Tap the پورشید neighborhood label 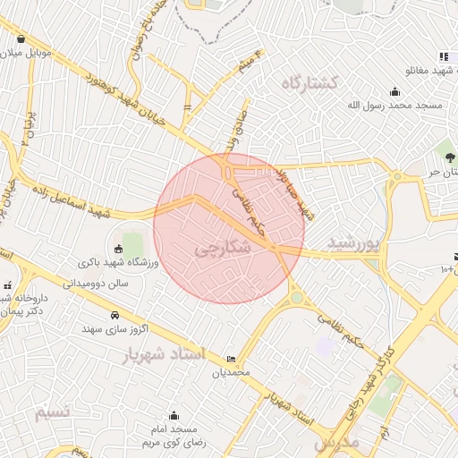(354, 242)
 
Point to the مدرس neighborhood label (336, 442)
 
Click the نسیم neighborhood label (51, 412)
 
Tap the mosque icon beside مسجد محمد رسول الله (394, 91)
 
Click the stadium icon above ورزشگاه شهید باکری (118, 249)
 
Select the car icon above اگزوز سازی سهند (115, 316)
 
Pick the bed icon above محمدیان (233, 358)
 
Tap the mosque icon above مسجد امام (174, 416)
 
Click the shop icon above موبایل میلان (21, 38)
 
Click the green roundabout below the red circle (296, 298)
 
